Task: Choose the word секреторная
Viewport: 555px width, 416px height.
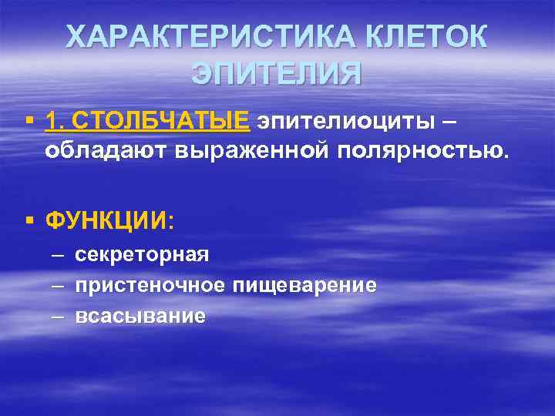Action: tap(142, 254)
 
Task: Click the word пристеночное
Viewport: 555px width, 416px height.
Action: tap(150, 285)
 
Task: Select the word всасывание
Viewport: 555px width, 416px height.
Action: tap(140, 316)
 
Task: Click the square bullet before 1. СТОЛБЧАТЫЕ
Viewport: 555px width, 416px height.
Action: tap(29, 122)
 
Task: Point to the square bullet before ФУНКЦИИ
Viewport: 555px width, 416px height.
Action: tap(29, 221)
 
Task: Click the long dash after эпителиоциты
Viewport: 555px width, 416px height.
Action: tap(454, 121)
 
